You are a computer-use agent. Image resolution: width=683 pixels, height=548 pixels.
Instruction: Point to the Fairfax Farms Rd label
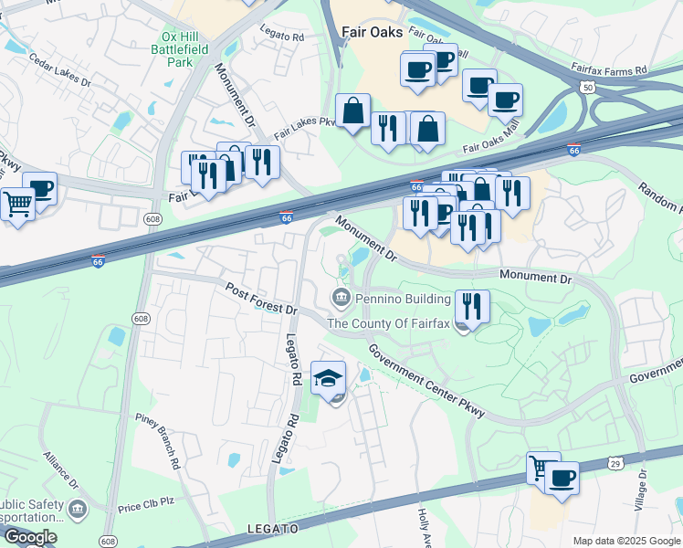[609, 68]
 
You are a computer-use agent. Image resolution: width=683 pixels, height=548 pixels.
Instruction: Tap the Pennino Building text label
[403, 299]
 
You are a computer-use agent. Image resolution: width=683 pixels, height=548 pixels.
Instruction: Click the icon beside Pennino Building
[341, 298]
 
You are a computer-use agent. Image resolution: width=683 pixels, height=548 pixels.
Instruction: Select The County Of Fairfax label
[389, 323]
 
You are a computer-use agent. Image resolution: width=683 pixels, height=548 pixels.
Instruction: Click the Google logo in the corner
[29, 537]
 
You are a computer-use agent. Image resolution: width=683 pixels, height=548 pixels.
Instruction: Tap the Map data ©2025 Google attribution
[625, 541]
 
